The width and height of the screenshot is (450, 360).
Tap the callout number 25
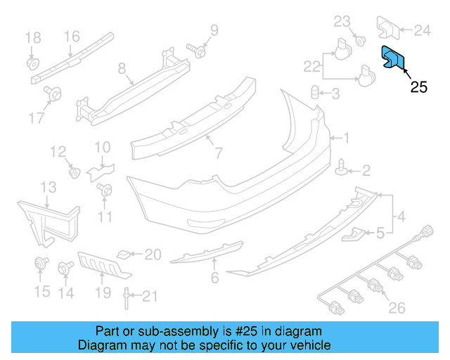pyautogui.click(x=418, y=88)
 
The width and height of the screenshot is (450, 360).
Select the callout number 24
pyautogui.click(x=422, y=30)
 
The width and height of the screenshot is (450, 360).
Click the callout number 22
pyautogui.click(x=311, y=67)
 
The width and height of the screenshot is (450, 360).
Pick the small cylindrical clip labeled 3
pyautogui.click(x=316, y=93)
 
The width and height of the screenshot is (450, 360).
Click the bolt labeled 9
pyautogui.click(x=198, y=51)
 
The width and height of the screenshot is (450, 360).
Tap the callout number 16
pyautogui.click(x=72, y=37)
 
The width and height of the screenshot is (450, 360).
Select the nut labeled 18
pyautogui.click(x=32, y=63)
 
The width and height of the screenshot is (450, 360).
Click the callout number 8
pyautogui.click(x=122, y=69)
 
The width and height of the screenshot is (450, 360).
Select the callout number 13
pyautogui.click(x=48, y=187)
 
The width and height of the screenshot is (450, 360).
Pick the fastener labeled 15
pyautogui.click(x=41, y=264)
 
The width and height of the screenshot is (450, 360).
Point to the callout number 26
pyautogui.click(x=397, y=307)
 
